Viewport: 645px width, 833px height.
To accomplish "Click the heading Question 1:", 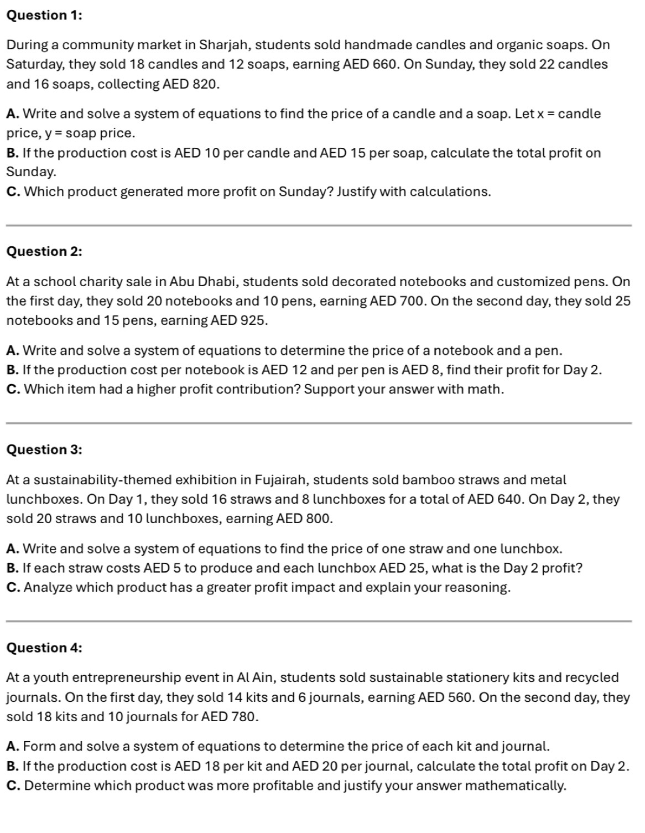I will pos(44,15).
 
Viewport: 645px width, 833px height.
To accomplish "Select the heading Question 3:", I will pos(44,449).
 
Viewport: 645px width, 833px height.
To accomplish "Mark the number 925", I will pos(253,320).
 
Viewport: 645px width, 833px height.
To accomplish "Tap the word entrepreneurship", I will pos(117,678).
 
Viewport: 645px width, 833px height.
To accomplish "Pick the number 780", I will pos(243,717).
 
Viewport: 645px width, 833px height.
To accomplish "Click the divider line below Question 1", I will pos(318,225).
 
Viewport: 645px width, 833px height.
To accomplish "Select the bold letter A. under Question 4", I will pos(13,747).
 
